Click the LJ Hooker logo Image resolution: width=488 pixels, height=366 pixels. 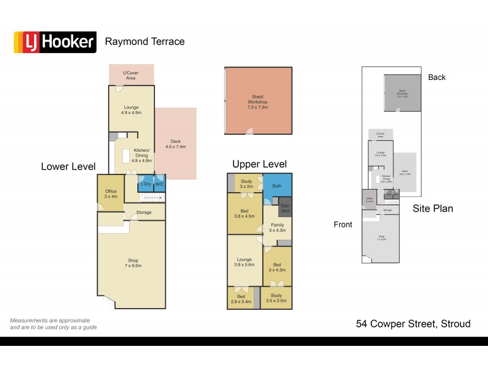pyautogui.click(x=55, y=42)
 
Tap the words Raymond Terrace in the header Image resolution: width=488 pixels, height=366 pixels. pyautogui.click(x=145, y=42)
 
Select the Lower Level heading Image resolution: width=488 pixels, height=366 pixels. pyautogui.click(x=68, y=166)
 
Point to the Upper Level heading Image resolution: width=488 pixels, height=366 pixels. pyautogui.click(x=259, y=165)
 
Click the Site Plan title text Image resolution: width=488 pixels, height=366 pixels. pyautogui.click(x=432, y=209)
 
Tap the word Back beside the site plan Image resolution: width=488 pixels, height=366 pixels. pyautogui.click(x=437, y=77)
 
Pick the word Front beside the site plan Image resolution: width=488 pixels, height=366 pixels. pyautogui.click(x=343, y=224)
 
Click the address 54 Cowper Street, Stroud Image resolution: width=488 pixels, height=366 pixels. pyautogui.click(x=413, y=324)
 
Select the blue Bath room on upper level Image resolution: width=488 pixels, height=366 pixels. pyautogui.click(x=277, y=185)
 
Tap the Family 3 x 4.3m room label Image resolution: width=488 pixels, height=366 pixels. pyautogui.click(x=278, y=228)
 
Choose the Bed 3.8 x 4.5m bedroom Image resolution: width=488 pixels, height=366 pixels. pyautogui.click(x=244, y=213)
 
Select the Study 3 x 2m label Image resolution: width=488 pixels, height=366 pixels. pyautogui.click(x=246, y=183)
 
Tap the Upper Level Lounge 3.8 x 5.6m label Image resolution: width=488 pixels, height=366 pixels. pyautogui.click(x=245, y=259)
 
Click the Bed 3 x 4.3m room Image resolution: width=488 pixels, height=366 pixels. pyautogui.click(x=278, y=267)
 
